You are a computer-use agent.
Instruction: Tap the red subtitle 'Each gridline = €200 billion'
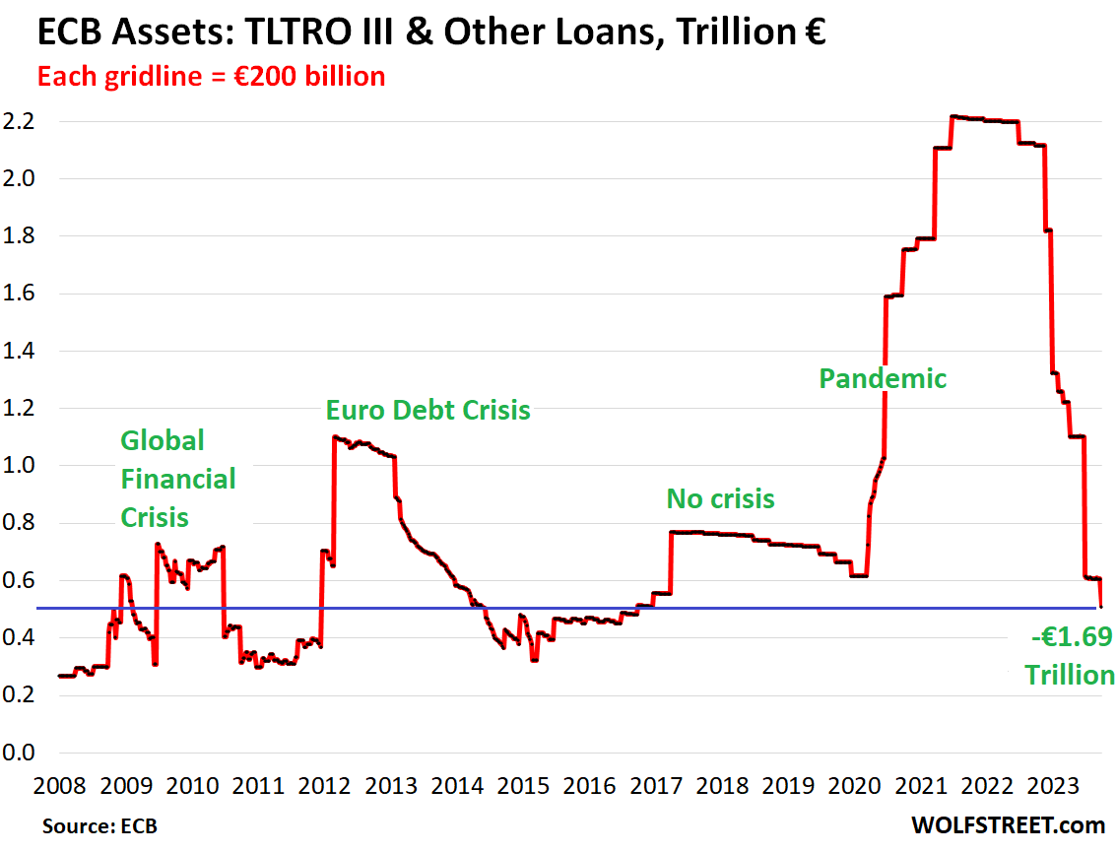211,76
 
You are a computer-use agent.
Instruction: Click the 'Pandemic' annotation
883,378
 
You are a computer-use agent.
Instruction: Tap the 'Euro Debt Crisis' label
428,410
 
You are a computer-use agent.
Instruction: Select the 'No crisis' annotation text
720,499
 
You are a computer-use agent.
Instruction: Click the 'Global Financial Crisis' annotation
178,479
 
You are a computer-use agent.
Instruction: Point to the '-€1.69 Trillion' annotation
1068,656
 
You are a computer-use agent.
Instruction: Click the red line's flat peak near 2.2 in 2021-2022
985,119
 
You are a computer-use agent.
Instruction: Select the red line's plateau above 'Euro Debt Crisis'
364,442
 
